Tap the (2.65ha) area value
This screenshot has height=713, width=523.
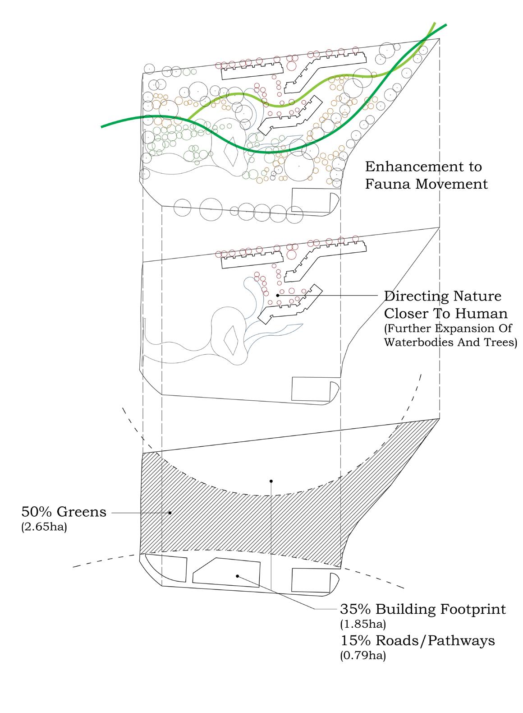[44, 527]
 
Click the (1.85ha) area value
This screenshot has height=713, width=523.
[363, 624]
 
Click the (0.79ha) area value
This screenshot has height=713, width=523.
[363, 656]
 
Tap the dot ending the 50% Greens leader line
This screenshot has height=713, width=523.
[170, 513]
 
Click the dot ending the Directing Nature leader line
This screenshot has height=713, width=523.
[278, 296]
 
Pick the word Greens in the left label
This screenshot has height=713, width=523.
[82, 512]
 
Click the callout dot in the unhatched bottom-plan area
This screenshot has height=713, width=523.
[271, 481]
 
